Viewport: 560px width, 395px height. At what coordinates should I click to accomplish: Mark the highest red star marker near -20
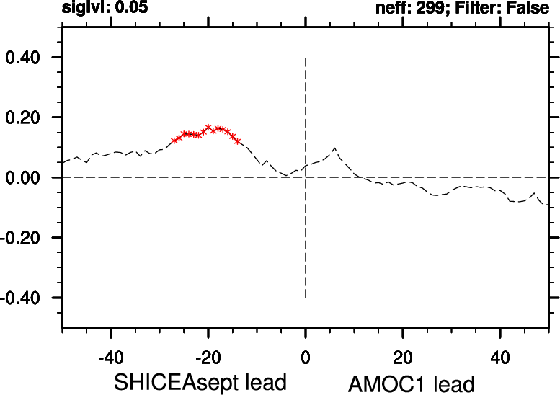point(208,127)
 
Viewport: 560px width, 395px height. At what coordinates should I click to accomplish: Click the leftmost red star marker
point(174,140)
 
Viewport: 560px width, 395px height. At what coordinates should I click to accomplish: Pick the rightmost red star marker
point(238,141)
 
